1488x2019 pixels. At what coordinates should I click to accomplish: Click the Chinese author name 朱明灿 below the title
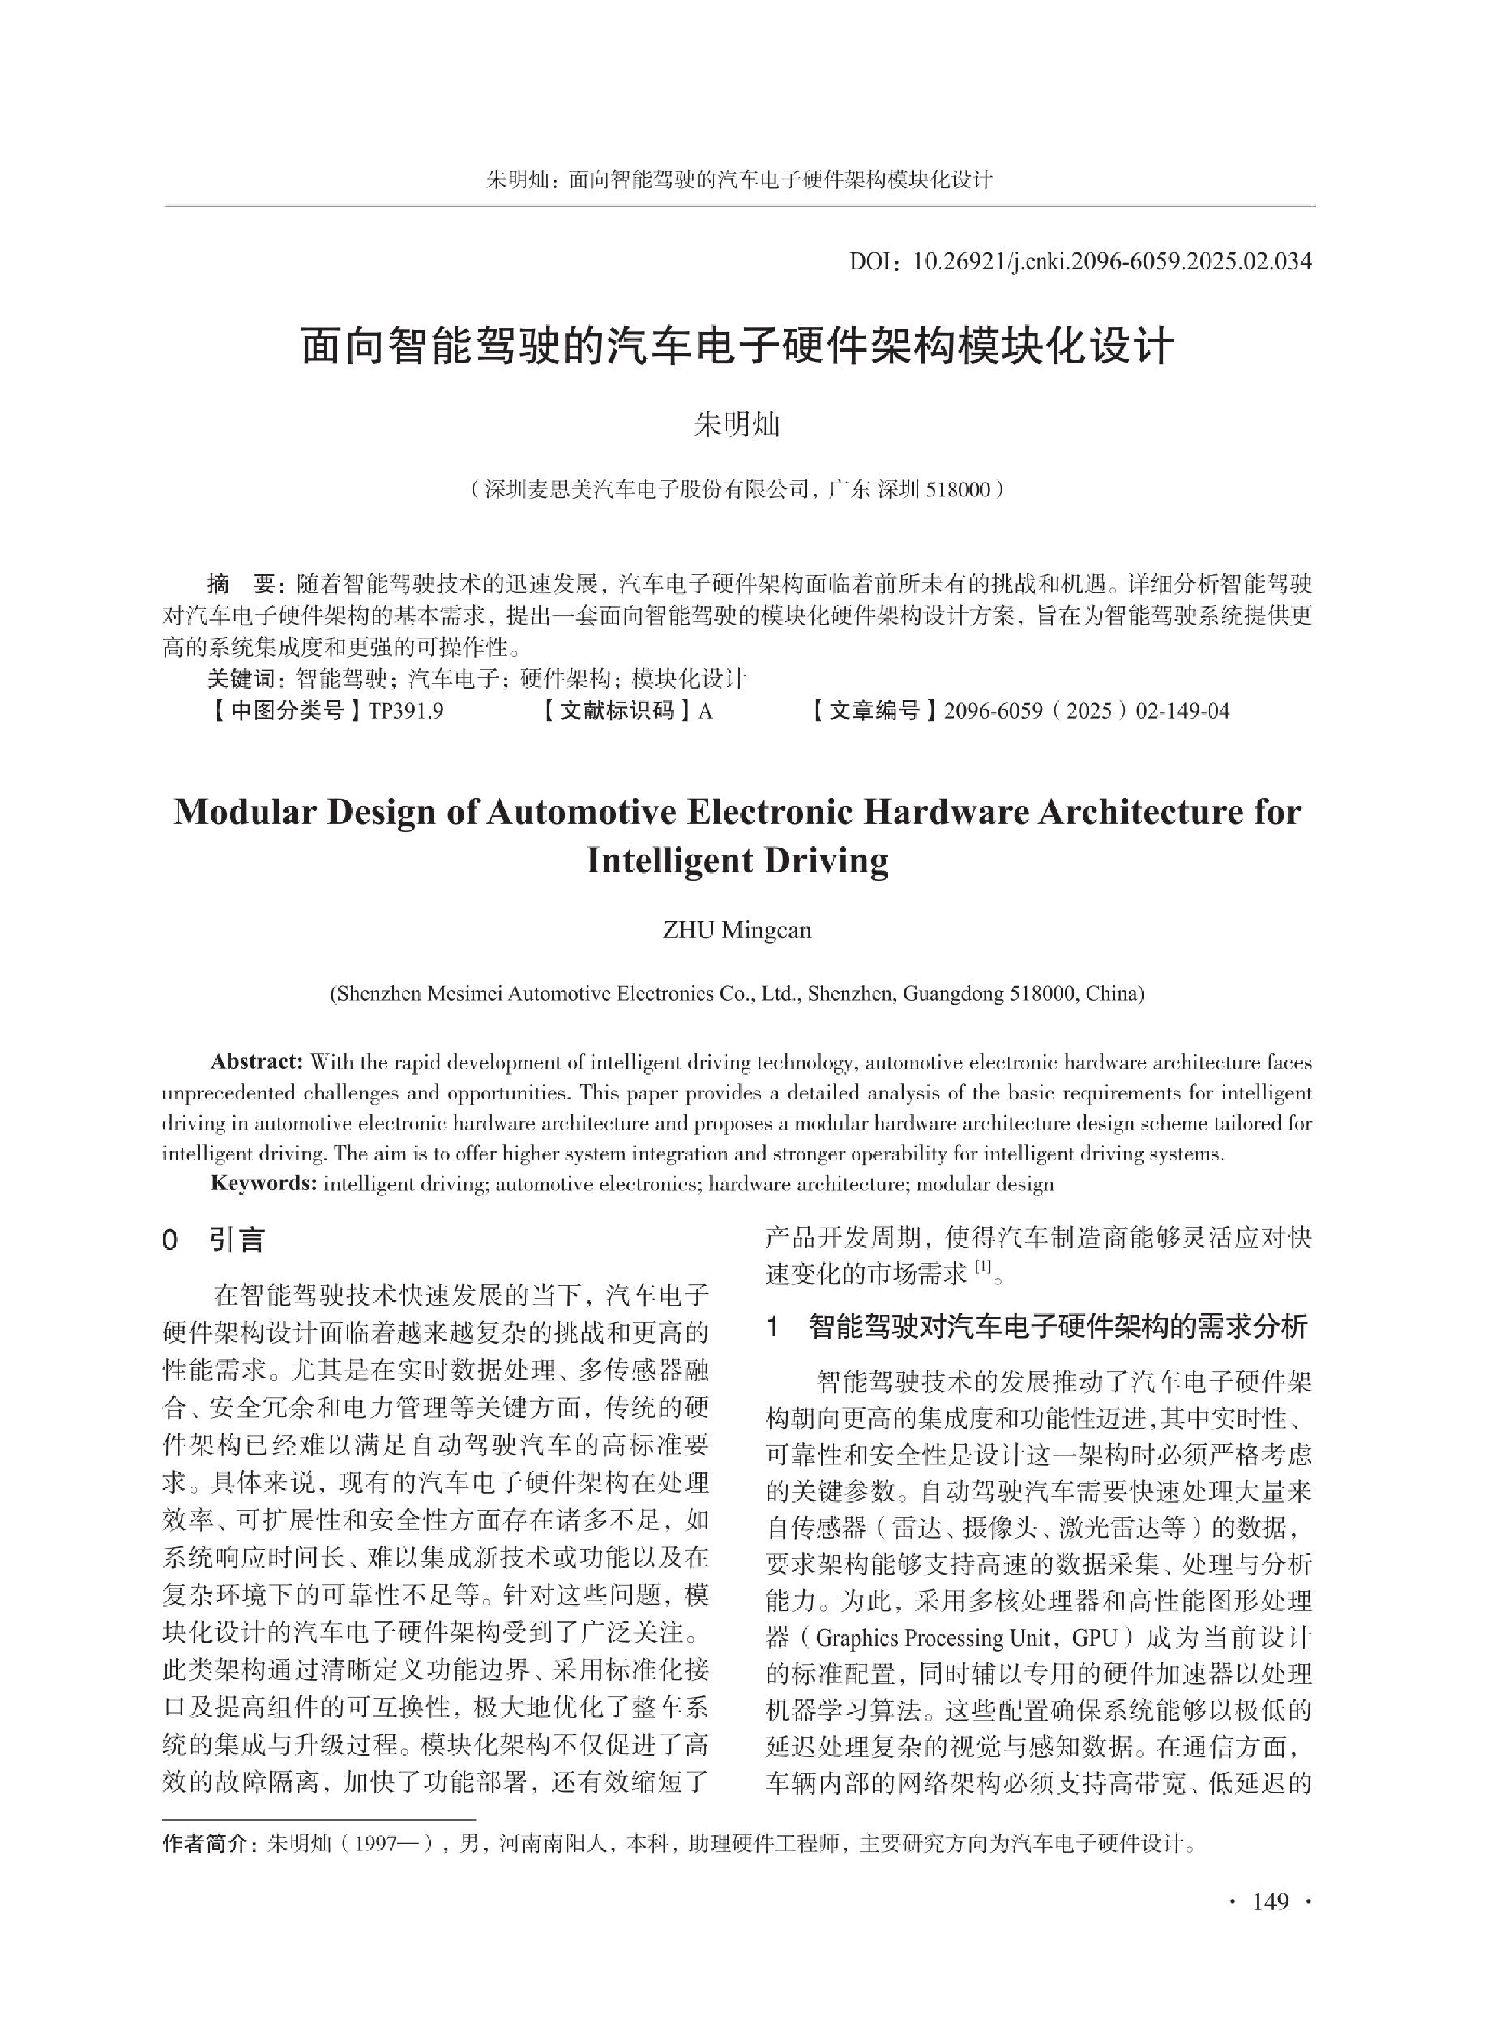pyautogui.click(x=736, y=424)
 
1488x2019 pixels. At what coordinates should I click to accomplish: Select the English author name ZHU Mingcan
pyautogui.click(x=737, y=931)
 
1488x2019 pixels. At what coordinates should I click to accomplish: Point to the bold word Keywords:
pyautogui.click(x=263, y=1184)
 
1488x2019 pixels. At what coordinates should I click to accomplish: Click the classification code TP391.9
pyautogui.click(x=407, y=711)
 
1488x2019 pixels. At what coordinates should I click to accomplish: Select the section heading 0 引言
pyautogui.click(x=213, y=1241)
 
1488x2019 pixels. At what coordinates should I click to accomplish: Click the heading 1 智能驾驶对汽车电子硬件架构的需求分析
pyautogui.click(x=1037, y=1327)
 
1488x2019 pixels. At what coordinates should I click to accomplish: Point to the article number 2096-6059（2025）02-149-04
pyautogui.click(x=1085, y=711)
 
